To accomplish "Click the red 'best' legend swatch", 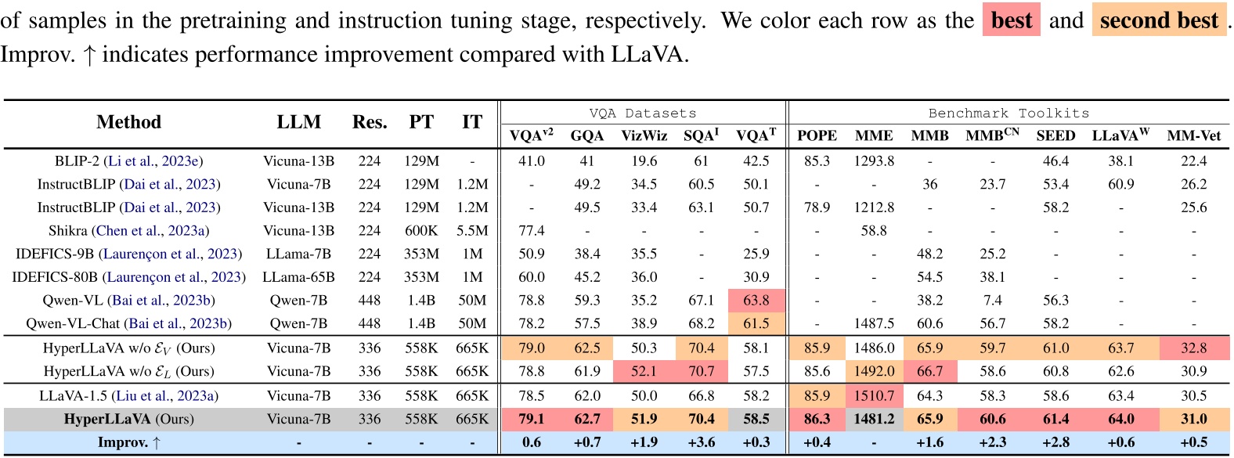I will pos(1011,20).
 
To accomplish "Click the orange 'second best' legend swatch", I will pos(1159,20).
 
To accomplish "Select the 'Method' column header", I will pos(128,122).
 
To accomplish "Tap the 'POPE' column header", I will pos(817,135).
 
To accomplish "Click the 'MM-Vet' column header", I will pos(1193,135).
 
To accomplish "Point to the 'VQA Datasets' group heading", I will pos(642,114).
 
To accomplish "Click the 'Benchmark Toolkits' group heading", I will pos(1008,114).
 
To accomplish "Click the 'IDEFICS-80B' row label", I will pos(128,277).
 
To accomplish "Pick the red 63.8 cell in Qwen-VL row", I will pos(756,301).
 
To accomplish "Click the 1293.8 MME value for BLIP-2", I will pos(874,161).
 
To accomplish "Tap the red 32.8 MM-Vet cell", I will pos(1193,348).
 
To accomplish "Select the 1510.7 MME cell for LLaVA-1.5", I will pos(874,396).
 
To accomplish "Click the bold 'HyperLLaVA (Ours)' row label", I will pos(128,420).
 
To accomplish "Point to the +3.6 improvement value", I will pos(701,442).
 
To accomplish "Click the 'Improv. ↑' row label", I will pos(128,442).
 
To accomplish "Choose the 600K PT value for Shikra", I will pos(421,231).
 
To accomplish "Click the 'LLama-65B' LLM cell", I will pos(298,277).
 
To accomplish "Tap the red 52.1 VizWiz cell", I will pos(644,372).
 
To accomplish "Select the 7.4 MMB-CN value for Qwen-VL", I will pos(992,301).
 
